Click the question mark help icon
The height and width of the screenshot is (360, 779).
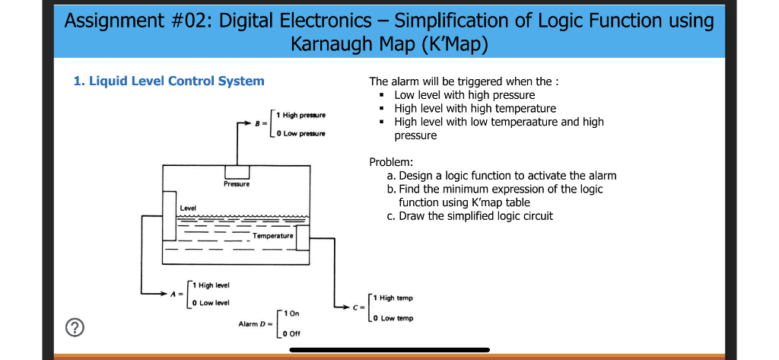coord(74,329)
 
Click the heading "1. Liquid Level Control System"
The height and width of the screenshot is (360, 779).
coord(169,81)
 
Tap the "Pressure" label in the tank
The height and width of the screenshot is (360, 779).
coord(236,184)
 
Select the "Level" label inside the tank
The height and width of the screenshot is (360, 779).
coord(188,208)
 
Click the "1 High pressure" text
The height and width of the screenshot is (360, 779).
coord(302,115)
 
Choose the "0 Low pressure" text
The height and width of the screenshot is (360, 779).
coord(302,133)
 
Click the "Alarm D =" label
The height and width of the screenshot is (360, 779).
coord(255,324)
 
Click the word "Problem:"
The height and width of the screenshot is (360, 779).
coord(391,162)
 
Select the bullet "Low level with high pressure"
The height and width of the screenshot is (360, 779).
coord(464,95)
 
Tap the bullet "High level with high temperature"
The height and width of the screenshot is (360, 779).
coord(475,109)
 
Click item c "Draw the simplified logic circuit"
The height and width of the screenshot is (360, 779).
coord(469,216)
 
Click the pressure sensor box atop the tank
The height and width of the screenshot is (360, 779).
coord(237,172)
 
